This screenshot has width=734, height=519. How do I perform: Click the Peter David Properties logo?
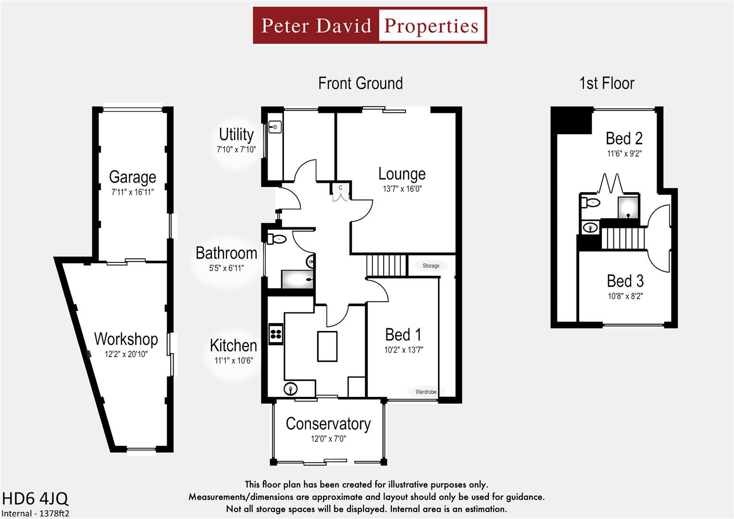pos(370,25)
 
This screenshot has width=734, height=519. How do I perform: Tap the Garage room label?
pos(132,177)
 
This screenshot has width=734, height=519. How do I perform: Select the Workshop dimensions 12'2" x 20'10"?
pos(126,355)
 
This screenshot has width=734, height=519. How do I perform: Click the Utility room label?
pos(236,134)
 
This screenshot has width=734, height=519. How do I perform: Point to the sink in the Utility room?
pos(275,127)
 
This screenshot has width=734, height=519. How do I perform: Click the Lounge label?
pos(402,173)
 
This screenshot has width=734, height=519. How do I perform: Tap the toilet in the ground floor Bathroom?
pos(277,238)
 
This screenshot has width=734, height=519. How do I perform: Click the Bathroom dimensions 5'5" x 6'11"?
pos(226,268)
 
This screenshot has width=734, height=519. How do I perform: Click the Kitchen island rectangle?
pos(327,346)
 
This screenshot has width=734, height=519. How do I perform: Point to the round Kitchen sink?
pos(291,388)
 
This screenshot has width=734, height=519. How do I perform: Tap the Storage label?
pos(431,266)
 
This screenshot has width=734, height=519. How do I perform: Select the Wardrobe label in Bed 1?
pos(426,392)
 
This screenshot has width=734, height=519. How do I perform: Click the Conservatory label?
pos(328,423)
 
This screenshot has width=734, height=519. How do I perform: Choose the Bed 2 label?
pos(624,138)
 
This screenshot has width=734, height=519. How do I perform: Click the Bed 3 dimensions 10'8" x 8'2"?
pos(625,297)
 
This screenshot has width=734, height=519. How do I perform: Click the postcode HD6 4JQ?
pos(35,498)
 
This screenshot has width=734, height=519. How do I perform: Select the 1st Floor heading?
pos(607,84)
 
